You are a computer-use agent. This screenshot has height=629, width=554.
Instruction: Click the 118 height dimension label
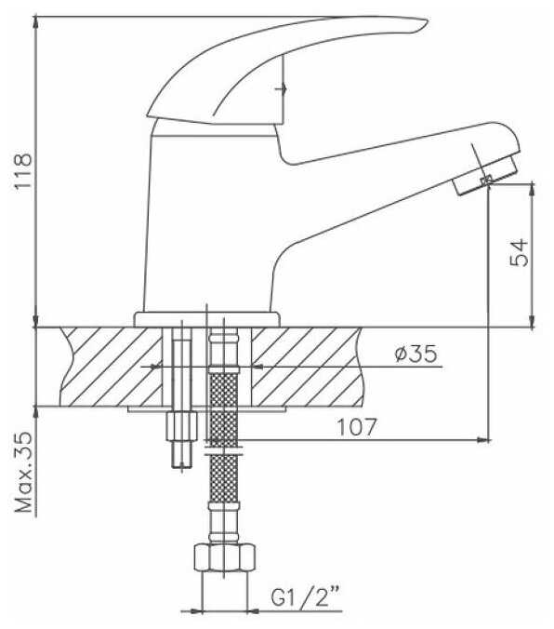coord(23,170)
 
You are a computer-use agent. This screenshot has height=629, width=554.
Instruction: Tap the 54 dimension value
coord(519,252)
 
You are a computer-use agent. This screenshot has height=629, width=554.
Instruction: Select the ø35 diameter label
coord(415,354)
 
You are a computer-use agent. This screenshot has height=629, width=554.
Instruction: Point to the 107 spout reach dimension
coord(356,427)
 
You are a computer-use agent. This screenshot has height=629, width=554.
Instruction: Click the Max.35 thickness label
coord(23,472)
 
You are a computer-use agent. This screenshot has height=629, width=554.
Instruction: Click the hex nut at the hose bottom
coord(225,556)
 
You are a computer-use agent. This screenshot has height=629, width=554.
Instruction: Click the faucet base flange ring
coord(207,319)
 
